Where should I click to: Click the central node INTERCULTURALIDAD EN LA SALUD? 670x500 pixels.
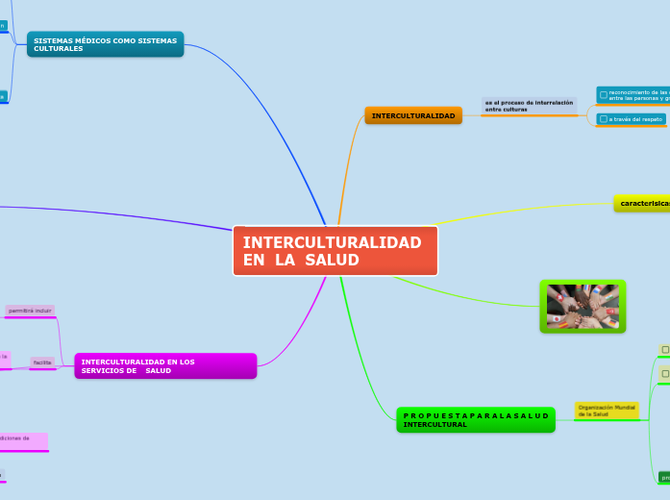(x=335, y=251)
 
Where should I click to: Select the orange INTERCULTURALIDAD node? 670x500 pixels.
(x=413, y=115)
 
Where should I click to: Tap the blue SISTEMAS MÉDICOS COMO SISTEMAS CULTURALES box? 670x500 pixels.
(x=106, y=44)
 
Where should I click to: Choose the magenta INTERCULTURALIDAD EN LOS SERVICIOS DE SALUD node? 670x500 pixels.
(x=165, y=366)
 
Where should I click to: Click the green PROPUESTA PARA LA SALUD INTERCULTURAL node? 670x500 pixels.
(x=476, y=420)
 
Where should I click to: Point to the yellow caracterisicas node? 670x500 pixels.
(x=642, y=204)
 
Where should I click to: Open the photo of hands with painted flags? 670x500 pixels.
(x=583, y=307)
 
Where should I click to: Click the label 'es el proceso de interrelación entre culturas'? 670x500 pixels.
(x=529, y=106)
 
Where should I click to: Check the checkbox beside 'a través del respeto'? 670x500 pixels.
(x=603, y=119)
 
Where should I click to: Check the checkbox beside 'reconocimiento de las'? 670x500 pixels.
(x=603, y=95)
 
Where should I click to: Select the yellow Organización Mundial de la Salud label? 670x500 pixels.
(x=607, y=411)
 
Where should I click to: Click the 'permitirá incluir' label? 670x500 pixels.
(x=30, y=312)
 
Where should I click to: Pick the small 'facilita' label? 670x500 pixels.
(x=42, y=362)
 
